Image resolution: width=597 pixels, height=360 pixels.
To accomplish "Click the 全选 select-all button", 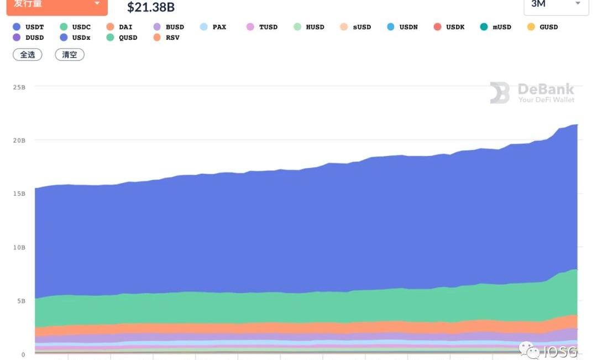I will [x=28, y=55].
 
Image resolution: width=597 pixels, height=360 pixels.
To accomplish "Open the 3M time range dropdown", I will [x=556, y=4].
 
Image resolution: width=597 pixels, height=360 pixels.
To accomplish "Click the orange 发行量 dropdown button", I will [x=57, y=5].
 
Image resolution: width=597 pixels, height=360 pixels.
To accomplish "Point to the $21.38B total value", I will [x=151, y=7].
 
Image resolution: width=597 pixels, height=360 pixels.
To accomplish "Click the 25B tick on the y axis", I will [x=19, y=87].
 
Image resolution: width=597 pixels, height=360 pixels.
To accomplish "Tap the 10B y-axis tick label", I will [x=19, y=247].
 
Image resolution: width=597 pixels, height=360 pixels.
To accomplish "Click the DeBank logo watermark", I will [x=532, y=93].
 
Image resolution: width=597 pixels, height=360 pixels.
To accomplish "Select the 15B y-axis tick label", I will [x=19, y=194].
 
